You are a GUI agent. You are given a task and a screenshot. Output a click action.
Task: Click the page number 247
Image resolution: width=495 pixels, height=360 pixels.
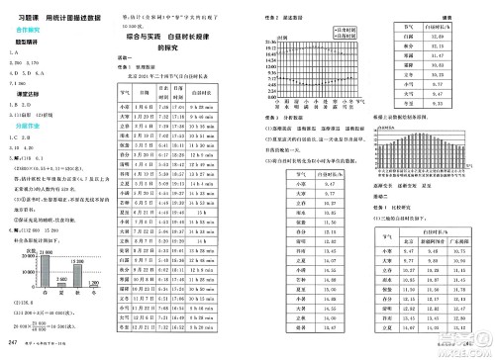(12, 342)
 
